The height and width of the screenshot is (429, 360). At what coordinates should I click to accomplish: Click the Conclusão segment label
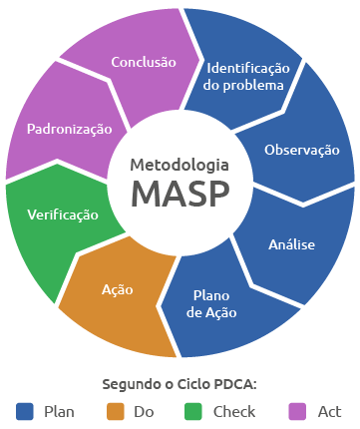[x=144, y=62]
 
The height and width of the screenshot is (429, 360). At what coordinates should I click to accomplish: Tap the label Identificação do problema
[x=247, y=77]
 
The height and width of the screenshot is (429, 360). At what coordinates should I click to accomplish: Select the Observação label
[x=301, y=150]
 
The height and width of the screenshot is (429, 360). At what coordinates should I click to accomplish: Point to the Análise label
[x=292, y=243]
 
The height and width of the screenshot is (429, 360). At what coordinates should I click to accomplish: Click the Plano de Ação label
[x=212, y=304]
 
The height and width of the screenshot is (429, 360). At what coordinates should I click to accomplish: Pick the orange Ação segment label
[x=118, y=289]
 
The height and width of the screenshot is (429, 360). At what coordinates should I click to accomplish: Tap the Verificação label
[x=63, y=214]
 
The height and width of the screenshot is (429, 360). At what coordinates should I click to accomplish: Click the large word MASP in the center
[x=180, y=193]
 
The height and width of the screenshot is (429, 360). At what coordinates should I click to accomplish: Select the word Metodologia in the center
[x=180, y=164]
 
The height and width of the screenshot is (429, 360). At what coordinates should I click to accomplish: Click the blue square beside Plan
[x=26, y=411]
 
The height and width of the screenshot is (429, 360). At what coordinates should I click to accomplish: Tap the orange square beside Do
[x=116, y=411]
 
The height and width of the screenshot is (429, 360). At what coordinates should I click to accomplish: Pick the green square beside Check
[x=194, y=411]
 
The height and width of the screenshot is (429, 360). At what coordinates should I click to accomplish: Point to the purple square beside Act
[x=296, y=411]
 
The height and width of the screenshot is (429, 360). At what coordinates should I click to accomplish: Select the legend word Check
[x=234, y=411]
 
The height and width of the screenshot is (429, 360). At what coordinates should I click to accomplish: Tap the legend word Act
[x=330, y=411]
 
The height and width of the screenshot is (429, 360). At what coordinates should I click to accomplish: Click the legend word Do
[x=143, y=411]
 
